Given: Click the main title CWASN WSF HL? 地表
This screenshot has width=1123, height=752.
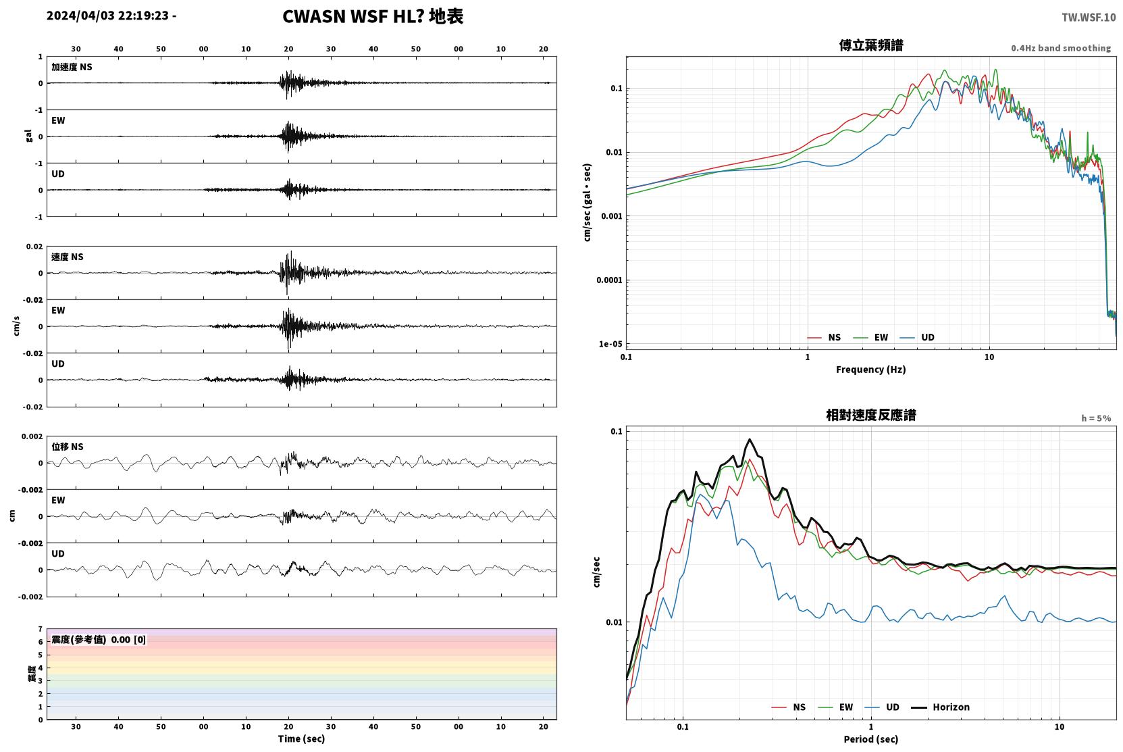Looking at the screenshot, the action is (x=373, y=17).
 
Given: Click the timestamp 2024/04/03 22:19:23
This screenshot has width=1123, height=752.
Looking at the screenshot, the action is (x=108, y=16).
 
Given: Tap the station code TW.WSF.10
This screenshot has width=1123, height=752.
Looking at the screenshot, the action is (x=1089, y=17).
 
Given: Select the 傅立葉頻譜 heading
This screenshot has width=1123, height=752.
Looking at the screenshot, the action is (x=871, y=45).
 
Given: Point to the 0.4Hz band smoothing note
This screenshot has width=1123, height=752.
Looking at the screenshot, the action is (x=1061, y=48).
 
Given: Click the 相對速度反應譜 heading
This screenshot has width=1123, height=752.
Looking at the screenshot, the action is (x=871, y=415).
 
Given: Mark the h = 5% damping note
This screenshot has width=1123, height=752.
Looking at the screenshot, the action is (x=1096, y=418).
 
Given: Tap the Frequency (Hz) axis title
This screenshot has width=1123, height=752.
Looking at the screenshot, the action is (x=871, y=370).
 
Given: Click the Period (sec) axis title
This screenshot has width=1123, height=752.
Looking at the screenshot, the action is (x=871, y=739).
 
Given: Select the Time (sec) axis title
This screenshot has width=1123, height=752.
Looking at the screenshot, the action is (x=301, y=738).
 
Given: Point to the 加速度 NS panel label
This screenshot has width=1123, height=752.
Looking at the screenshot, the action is (x=72, y=67).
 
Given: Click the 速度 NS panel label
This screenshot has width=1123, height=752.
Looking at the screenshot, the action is (x=67, y=257).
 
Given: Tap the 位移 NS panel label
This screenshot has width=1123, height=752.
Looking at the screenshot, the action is (x=67, y=447).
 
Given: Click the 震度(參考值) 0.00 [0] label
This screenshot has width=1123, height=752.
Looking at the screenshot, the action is (x=99, y=640).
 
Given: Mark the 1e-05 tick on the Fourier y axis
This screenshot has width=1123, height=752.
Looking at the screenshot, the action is (x=610, y=344).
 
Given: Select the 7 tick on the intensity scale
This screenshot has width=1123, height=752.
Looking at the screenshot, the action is (x=41, y=629).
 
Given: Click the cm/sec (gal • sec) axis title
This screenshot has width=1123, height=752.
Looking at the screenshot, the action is (x=587, y=202).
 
